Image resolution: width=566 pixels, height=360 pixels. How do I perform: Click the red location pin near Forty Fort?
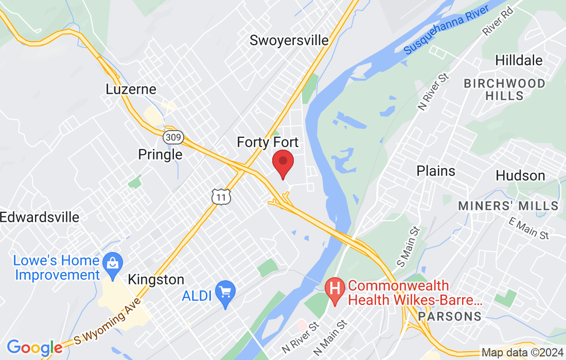click(282, 162)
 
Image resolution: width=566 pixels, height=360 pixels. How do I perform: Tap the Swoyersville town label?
click(289, 40)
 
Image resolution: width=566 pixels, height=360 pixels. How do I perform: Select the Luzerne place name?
click(131, 89)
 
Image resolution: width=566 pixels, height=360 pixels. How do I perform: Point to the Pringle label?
click(160, 154)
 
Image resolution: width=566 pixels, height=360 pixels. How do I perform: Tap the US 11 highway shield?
click(220, 196)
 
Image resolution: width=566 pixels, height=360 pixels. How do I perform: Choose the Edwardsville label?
click(40, 217)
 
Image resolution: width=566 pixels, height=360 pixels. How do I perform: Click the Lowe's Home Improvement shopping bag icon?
click(111, 261)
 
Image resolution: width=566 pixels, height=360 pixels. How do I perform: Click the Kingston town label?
click(155, 280)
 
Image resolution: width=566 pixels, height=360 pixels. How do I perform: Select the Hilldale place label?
click(519, 60)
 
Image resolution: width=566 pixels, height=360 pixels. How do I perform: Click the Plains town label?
click(436, 171)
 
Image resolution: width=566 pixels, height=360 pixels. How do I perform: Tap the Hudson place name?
click(520, 175)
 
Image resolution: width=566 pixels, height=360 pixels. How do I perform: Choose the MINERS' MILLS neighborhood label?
click(508, 206)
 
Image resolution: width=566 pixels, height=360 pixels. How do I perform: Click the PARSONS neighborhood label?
click(450, 316)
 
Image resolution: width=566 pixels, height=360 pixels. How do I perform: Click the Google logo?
click(34, 347)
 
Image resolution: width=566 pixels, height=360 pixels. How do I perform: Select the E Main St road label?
click(528, 228)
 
